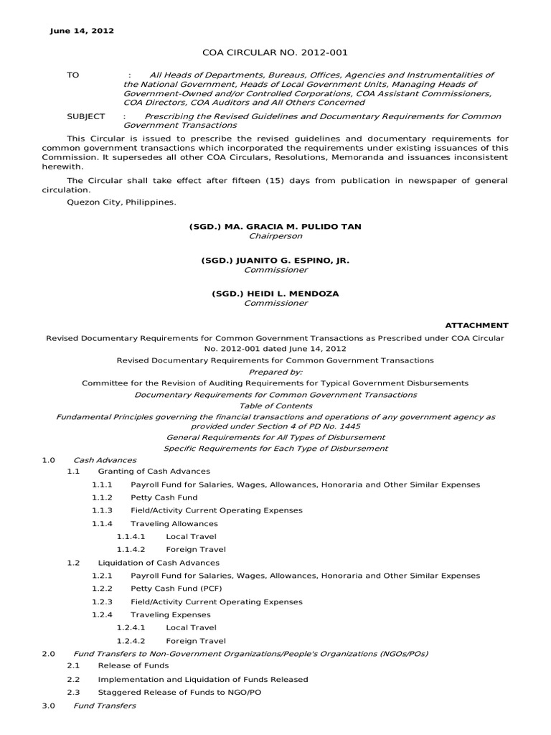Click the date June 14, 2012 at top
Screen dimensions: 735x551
coord(81,31)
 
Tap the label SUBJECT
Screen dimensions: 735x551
coord(85,116)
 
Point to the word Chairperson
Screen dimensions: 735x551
coord(275,236)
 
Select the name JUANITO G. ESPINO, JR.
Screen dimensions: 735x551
coord(275,260)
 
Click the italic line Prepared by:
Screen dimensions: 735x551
coord(275,372)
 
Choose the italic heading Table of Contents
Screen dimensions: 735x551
coord(275,406)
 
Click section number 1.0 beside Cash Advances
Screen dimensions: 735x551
coord(48,459)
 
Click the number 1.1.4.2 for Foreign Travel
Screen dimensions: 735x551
coord(131,549)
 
